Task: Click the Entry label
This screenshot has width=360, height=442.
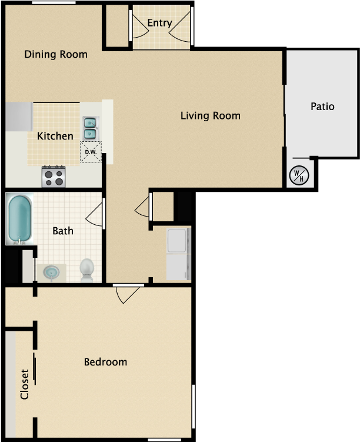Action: point(159,23)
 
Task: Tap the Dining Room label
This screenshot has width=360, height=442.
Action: point(56,55)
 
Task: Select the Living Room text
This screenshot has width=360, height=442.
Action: point(210,115)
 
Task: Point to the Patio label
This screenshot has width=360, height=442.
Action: point(322,107)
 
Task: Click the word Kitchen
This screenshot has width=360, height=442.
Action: point(55,136)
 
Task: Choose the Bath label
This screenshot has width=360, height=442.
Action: point(63,231)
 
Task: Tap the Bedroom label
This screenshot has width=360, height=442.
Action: point(105,361)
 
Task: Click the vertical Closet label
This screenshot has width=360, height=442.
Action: point(25,384)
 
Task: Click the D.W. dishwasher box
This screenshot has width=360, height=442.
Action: point(91,152)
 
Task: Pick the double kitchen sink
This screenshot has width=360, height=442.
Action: point(91,128)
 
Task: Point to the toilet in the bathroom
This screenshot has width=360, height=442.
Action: point(87,269)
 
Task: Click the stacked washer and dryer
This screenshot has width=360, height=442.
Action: point(178,254)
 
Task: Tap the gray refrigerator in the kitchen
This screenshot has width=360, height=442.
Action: point(19,117)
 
